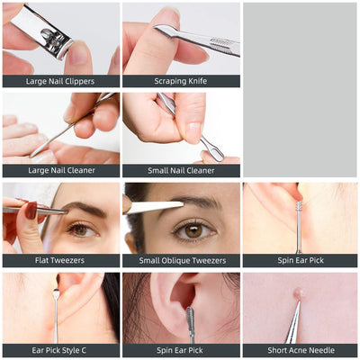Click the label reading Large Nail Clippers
pos(60,81)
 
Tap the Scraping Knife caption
pos(181,81)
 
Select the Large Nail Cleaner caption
pos(61,170)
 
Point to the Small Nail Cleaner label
pos(181,171)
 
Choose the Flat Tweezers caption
pos(59,260)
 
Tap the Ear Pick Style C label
pos(58,350)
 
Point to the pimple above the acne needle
pos(297,292)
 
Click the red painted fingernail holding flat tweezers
pos(31,210)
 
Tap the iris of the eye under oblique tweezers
pos(193,231)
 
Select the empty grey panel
pos(300,90)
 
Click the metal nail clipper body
pos(42,32)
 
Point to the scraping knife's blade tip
pos(154,27)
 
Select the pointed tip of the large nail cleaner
pos(31,157)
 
